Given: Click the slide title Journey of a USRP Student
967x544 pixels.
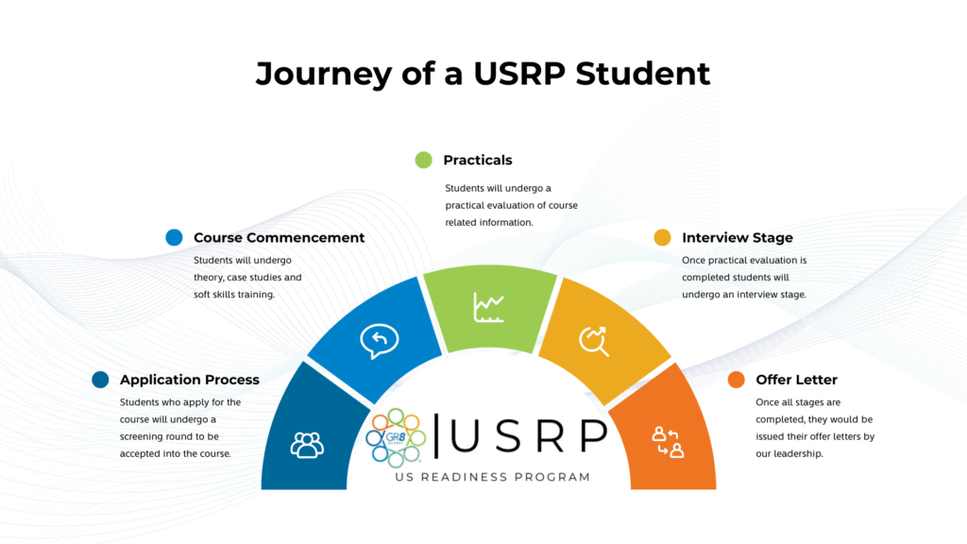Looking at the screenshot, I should pyautogui.click(x=483, y=73).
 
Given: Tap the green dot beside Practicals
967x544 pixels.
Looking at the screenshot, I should pyautogui.click(x=423, y=160).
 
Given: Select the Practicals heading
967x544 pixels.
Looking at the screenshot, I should pyautogui.click(x=478, y=160).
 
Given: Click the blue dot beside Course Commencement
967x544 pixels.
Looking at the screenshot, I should pyautogui.click(x=174, y=238).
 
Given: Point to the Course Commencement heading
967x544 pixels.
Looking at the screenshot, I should pyautogui.click(x=279, y=238).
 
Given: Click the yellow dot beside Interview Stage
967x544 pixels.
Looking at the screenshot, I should pyautogui.click(x=662, y=238).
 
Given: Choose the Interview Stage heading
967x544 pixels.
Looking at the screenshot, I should pyautogui.click(x=738, y=238).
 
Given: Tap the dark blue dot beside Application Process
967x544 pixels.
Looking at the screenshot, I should pyautogui.click(x=100, y=380).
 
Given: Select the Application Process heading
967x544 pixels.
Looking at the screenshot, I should pyautogui.click(x=189, y=380).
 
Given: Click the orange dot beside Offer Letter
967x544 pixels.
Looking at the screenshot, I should pyautogui.click(x=736, y=380).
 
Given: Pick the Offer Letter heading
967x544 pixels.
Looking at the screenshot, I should pyautogui.click(x=796, y=380).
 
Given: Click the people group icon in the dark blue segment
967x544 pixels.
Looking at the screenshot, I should pyautogui.click(x=307, y=444).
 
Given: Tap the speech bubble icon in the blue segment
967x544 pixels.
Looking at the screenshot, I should pyautogui.click(x=379, y=341).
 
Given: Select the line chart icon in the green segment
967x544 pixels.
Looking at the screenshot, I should pyautogui.click(x=488, y=307).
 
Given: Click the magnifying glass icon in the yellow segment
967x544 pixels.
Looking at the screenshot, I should pyautogui.click(x=595, y=341).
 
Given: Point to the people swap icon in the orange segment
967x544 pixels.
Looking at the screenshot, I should pyautogui.click(x=667, y=442).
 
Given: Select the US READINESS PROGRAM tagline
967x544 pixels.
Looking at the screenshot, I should pyautogui.click(x=490, y=477).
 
